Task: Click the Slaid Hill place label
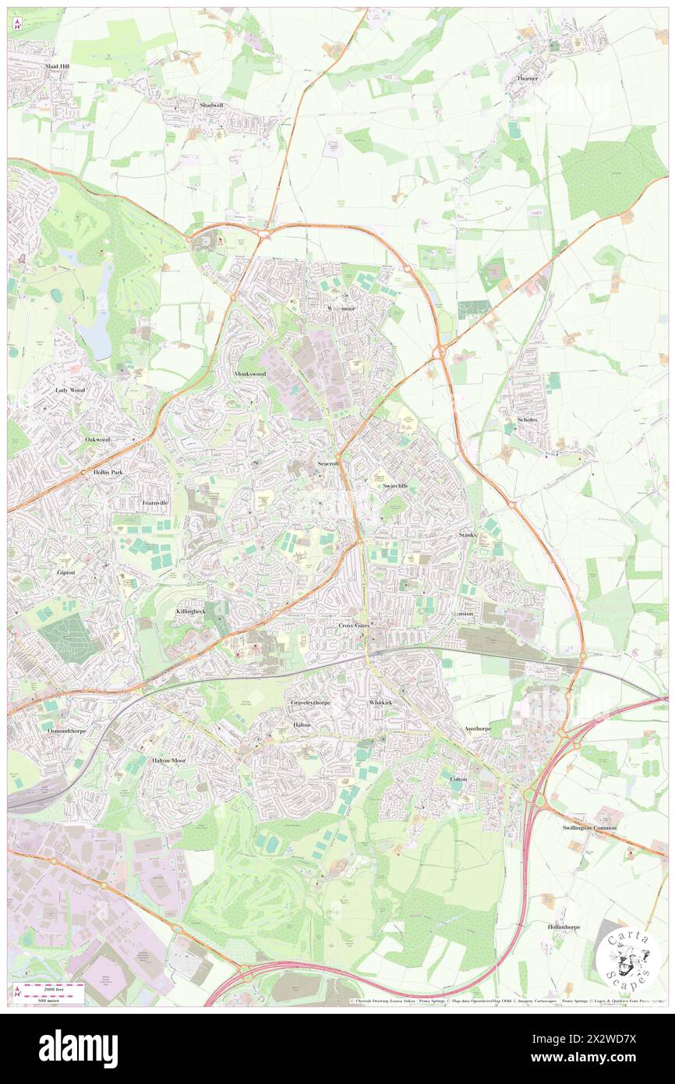pyautogui.click(x=57, y=67)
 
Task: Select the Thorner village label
pyautogui.click(x=528, y=79)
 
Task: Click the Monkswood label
pyautogui.click(x=250, y=374)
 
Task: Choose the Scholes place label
pyautogui.click(x=528, y=420)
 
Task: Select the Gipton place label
pyautogui.click(x=66, y=572)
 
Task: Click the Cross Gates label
pyautogui.click(x=355, y=625)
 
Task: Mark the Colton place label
pyautogui.click(x=458, y=779)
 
